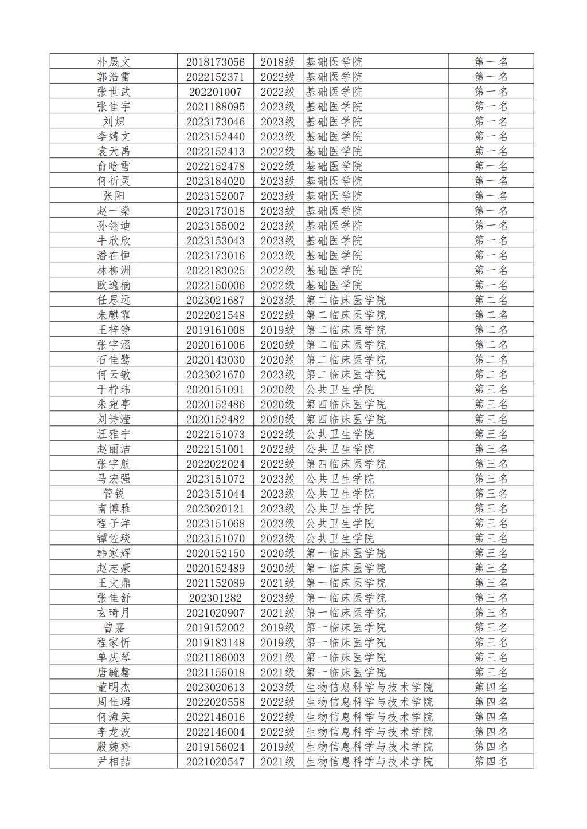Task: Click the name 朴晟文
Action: pyautogui.click(x=114, y=62)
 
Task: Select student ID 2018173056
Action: pyautogui.click(x=215, y=62)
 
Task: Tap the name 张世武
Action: pyautogui.click(x=114, y=92)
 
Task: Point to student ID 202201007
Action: pyautogui.click(x=215, y=92)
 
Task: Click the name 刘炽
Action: pyautogui.click(x=114, y=121)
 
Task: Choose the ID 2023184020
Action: pyautogui.click(x=215, y=181)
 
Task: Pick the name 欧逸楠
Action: pyautogui.click(x=114, y=285)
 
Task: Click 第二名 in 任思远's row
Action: pyautogui.click(x=491, y=300)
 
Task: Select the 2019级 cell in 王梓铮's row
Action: pyautogui.click(x=277, y=330)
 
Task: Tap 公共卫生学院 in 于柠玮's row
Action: pyautogui.click(x=339, y=389)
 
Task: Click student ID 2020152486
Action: pyautogui.click(x=215, y=404)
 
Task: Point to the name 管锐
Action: pyautogui.click(x=114, y=494)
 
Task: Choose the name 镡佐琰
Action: pyautogui.click(x=114, y=538)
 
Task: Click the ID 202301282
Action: pyautogui.click(x=215, y=598)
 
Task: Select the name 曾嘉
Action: pyautogui.click(x=114, y=627)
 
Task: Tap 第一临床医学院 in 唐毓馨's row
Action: pyautogui.click(x=346, y=672)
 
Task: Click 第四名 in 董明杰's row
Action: pyautogui.click(x=491, y=687)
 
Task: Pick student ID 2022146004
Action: pyautogui.click(x=215, y=732)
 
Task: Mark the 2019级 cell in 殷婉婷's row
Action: pyautogui.click(x=277, y=747)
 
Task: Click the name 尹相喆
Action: pyautogui.click(x=114, y=761)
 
